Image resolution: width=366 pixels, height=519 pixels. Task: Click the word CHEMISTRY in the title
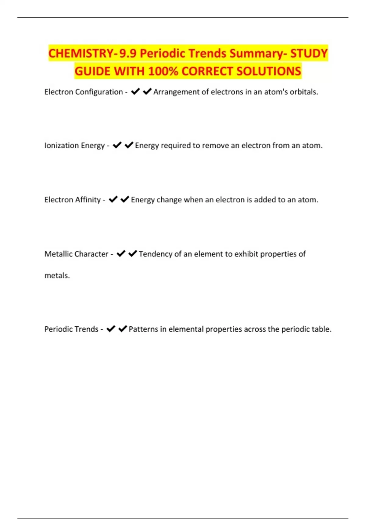tap(81, 53)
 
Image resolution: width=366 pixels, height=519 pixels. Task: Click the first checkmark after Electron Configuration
tap(135, 92)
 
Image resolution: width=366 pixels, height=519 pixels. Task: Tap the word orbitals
tap(304, 92)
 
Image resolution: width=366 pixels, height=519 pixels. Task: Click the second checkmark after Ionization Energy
tap(129, 145)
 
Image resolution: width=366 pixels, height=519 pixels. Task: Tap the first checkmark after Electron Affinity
tap(113, 199)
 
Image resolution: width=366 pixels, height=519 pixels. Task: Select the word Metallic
tap(58, 254)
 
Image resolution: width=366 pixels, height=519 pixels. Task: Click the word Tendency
tap(155, 254)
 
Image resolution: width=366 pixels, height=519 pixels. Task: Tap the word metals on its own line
tap(57, 276)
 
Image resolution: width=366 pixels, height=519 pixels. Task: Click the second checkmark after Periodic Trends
tap(122, 329)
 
